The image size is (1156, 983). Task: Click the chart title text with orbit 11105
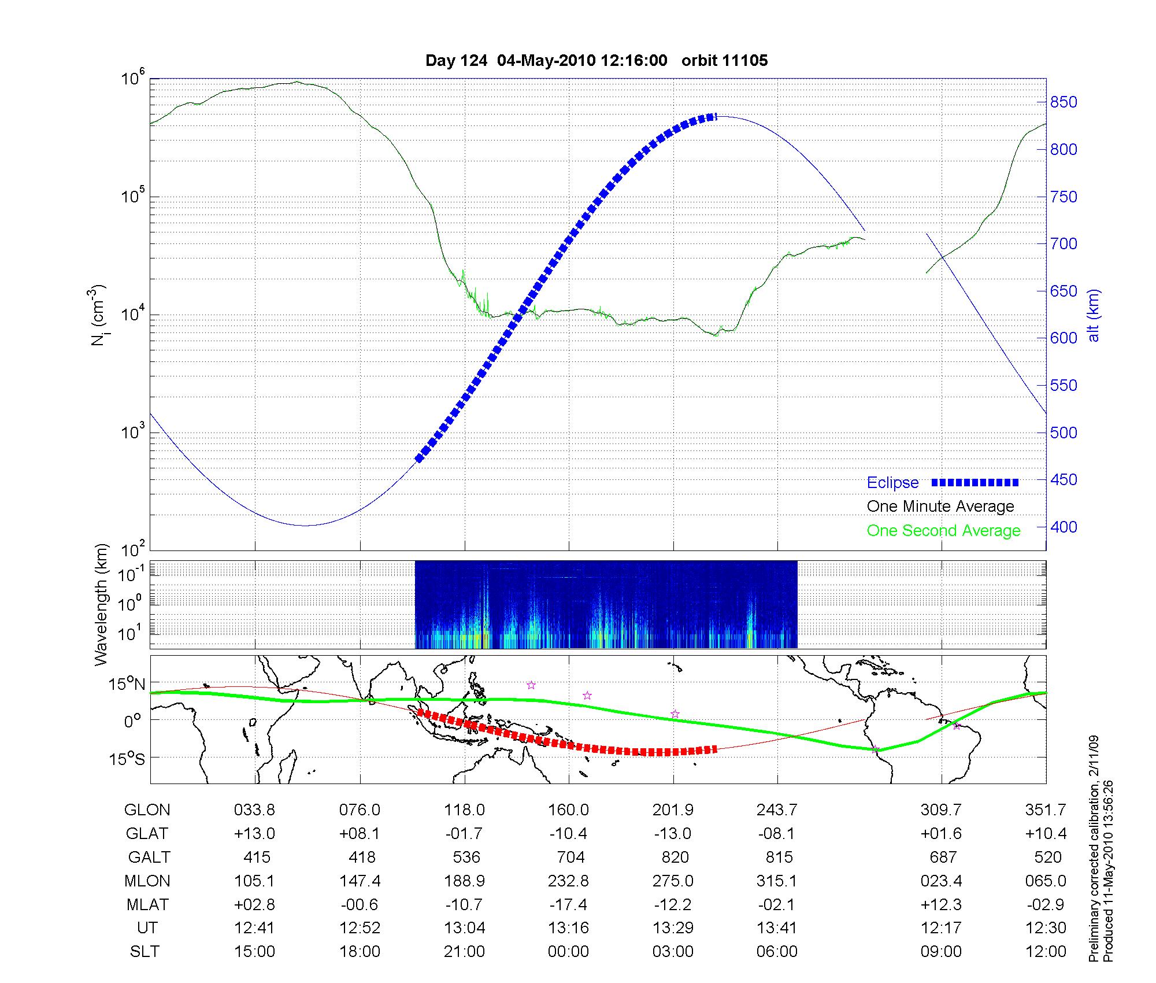(596, 61)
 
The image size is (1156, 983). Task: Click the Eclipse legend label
(892, 483)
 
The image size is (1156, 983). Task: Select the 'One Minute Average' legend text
(940, 507)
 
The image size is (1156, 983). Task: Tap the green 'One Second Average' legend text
(943, 531)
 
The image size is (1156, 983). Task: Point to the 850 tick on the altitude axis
(1064, 102)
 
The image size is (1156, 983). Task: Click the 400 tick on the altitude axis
(1064, 527)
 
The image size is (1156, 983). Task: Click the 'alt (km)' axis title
(1094, 315)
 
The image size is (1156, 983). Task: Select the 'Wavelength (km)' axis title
(101, 604)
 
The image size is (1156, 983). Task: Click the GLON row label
(147, 810)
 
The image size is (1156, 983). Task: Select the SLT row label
(144, 951)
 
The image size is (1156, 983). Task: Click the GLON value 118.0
(465, 810)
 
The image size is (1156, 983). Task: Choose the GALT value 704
(569, 857)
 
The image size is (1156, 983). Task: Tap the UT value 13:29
(673, 928)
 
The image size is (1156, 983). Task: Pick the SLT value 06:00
(777, 951)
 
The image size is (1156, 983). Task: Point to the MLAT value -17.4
(569, 904)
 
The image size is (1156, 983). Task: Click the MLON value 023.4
(942, 881)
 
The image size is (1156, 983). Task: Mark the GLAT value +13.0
(254, 834)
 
